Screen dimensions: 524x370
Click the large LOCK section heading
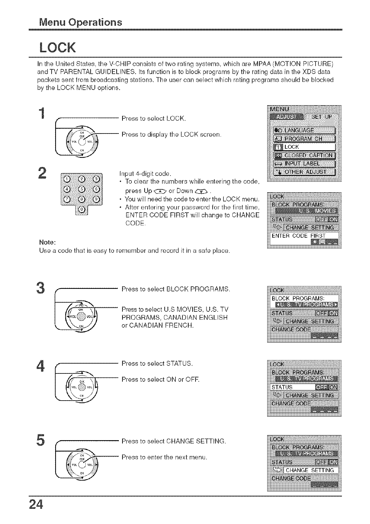tap(58, 47)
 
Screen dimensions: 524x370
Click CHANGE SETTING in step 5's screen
tap(309, 470)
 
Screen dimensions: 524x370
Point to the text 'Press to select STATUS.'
tap(157, 363)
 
